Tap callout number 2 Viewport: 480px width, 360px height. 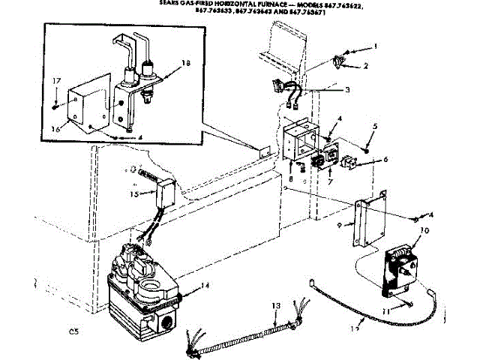367,67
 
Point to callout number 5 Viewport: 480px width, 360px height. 376,125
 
